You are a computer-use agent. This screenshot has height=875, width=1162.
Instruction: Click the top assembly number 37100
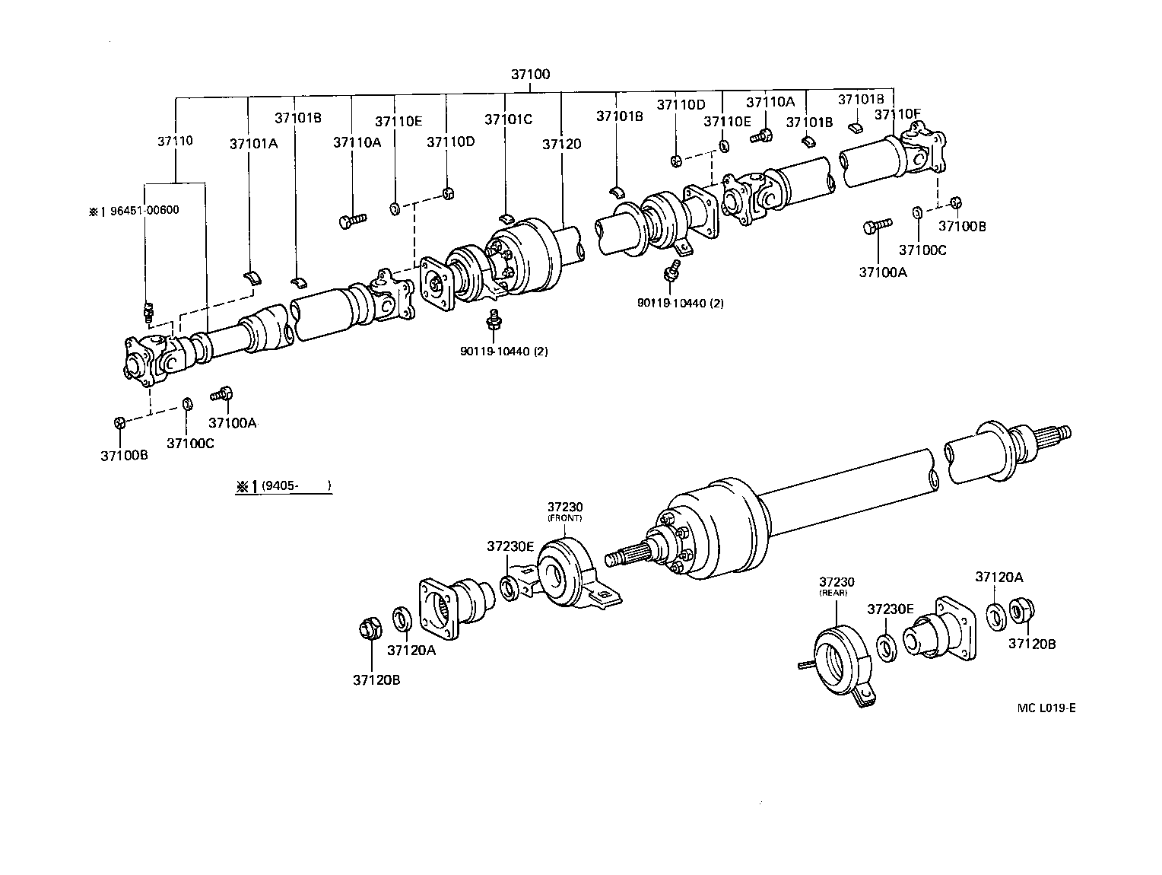[530, 75]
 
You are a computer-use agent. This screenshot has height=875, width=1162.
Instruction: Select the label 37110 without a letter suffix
[175, 141]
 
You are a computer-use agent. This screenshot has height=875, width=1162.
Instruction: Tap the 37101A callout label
[254, 143]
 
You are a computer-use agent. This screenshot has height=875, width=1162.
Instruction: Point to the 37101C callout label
[509, 119]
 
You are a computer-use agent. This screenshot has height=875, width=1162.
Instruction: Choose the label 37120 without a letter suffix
[562, 143]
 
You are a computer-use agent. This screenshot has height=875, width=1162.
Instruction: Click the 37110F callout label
[897, 114]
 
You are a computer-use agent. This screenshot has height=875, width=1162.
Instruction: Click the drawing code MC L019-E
[1046, 708]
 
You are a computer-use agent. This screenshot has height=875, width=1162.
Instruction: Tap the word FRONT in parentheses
[564, 518]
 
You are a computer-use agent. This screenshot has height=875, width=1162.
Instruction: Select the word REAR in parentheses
[833, 593]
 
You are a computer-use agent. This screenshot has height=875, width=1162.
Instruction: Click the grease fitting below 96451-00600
[149, 311]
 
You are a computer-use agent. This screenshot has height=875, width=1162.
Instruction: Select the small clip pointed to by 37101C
[508, 220]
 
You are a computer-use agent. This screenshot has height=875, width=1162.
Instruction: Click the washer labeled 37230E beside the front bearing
[510, 587]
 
